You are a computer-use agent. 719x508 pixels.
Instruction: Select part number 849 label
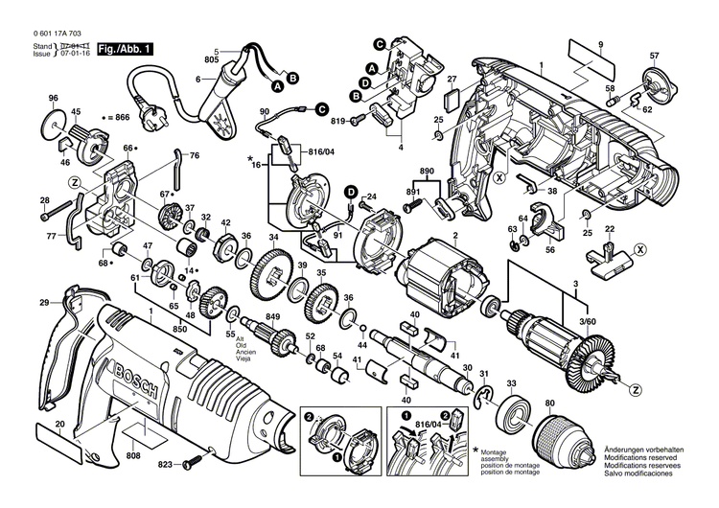(x=272, y=317)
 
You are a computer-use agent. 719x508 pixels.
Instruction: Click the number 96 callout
(x=53, y=99)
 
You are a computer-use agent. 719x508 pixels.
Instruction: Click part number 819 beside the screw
(x=337, y=121)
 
